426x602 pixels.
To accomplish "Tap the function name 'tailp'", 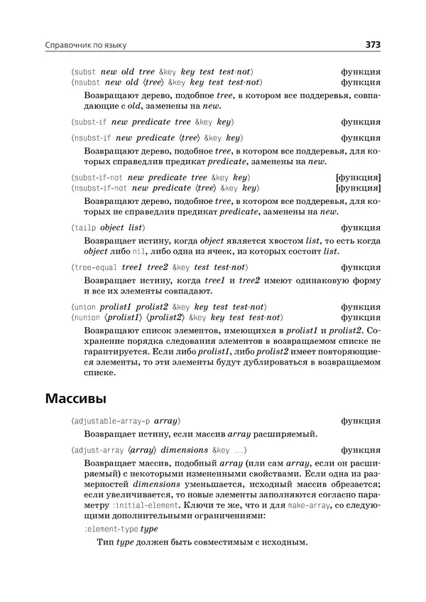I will [86, 228].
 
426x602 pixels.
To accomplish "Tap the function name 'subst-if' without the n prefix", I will [92, 122].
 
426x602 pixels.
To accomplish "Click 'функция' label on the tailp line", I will [360, 228].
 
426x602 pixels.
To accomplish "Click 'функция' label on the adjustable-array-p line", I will [360, 421].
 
